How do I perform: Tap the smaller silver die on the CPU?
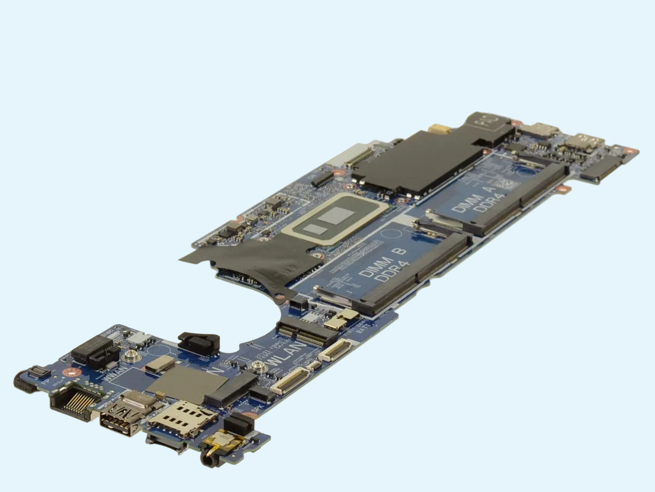coord(315,229)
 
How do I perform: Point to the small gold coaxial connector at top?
coord(437,130)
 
